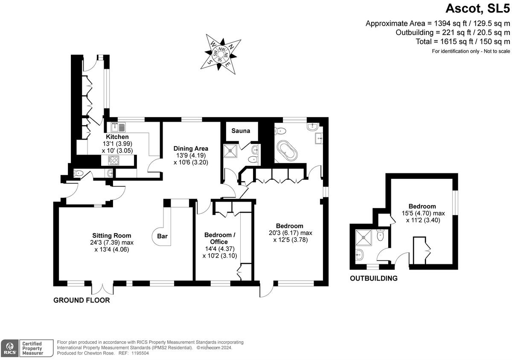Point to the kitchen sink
tap(118, 127)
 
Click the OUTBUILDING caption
tap(374, 278)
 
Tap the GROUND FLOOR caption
tap(81, 300)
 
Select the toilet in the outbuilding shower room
tap(381, 235)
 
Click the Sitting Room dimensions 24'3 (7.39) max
tap(112, 243)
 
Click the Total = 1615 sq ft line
tap(463, 41)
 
